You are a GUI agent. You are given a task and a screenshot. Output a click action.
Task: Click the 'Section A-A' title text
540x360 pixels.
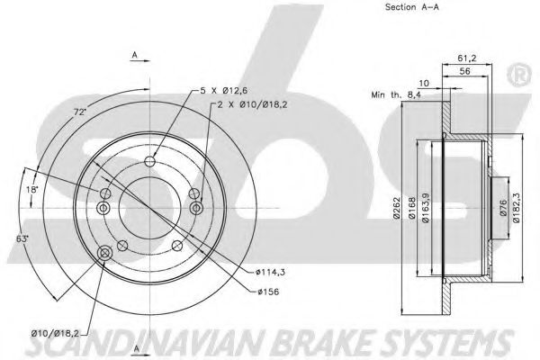pyautogui.click(x=412, y=7)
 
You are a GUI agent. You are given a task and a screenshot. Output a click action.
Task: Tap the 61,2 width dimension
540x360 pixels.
pyautogui.click(x=466, y=58)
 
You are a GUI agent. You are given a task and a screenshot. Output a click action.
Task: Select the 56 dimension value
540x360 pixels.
pyautogui.click(x=465, y=71)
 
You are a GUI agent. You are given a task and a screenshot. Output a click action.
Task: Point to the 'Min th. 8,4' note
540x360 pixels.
pyautogui.click(x=396, y=94)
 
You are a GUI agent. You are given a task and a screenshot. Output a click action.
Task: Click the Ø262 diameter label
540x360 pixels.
pyautogui.click(x=396, y=207)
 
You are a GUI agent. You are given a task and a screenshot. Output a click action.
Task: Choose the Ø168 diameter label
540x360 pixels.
pyautogui.click(x=411, y=207)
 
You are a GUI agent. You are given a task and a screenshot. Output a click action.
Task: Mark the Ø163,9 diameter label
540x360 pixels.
pyautogui.click(x=426, y=207)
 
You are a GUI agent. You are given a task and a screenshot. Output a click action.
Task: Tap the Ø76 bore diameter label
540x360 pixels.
pyautogui.click(x=503, y=208)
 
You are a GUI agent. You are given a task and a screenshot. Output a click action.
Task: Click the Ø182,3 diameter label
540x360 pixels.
pyautogui.click(x=516, y=207)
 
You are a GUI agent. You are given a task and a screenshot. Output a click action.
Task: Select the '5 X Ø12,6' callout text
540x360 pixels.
pyautogui.click(x=224, y=91)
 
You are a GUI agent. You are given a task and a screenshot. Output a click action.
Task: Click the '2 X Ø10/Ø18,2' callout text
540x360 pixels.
pyautogui.click(x=252, y=104)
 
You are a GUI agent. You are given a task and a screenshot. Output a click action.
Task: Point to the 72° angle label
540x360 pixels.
pyautogui.click(x=80, y=112)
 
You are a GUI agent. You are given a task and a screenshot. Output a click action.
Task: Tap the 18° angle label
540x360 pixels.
pyautogui.click(x=31, y=189)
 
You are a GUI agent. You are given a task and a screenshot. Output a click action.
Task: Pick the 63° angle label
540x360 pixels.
pyautogui.click(x=22, y=238)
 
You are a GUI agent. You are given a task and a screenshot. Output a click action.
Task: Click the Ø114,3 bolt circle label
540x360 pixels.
pyautogui.click(x=270, y=272)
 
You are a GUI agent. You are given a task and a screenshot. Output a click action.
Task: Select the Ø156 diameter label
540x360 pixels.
pyautogui.click(x=268, y=292)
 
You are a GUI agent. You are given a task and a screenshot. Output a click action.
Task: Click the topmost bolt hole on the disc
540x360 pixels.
pyautogui.click(x=149, y=161)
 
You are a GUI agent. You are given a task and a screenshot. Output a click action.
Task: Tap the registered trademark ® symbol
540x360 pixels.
pyautogui.click(x=519, y=75)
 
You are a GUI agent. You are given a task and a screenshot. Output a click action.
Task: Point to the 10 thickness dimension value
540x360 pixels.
pyautogui.click(x=424, y=83)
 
